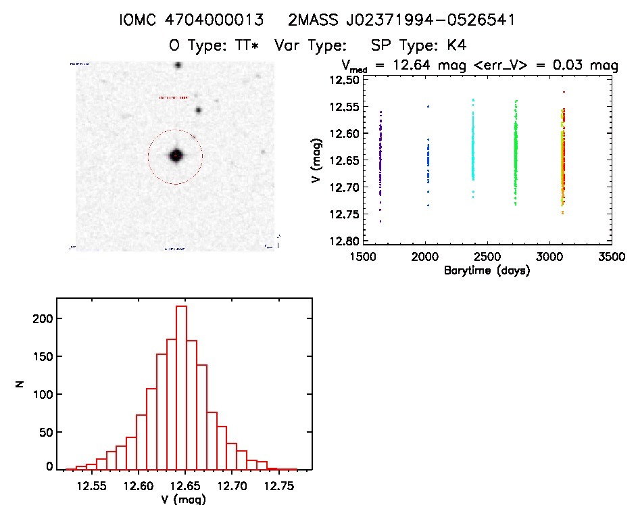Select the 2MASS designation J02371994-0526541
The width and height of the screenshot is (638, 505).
coord(401,20)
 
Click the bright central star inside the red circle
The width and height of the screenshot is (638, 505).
coord(176,155)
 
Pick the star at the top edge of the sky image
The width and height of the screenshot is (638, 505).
coord(178,66)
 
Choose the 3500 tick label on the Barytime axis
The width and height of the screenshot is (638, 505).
coord(611,258)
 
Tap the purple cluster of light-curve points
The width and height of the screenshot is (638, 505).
coord(381,159)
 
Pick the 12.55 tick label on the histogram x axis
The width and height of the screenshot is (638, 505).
coord(91,485)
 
